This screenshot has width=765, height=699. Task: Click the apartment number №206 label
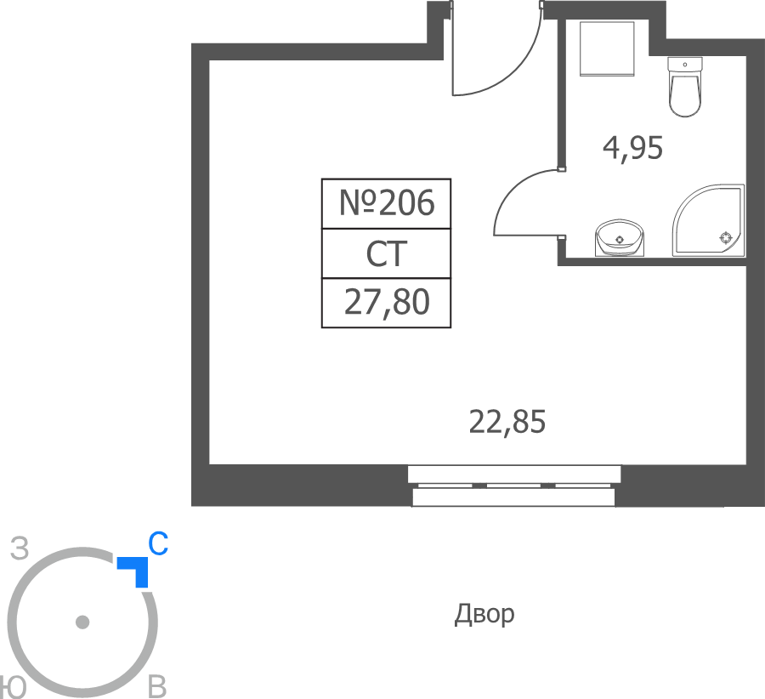[x=387, y=203]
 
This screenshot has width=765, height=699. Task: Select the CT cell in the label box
[x=387, y=253]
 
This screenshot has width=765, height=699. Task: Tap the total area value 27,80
[x=387, y=303]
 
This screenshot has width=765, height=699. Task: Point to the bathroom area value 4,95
[x=632, y=148]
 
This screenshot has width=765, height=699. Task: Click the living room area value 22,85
[x=507, y=422]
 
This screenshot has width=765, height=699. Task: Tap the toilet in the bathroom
[x=685, y=87]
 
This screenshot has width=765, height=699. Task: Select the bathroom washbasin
[x=620, y=238]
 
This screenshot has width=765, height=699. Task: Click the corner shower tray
[x=708, y=220]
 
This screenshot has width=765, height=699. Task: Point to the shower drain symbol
[x=726, y=238]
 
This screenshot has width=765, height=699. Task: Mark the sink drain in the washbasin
[x=620, y=240]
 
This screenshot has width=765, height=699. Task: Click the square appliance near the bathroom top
[x=607, y=48]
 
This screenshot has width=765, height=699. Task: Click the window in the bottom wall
[x=513, y=486]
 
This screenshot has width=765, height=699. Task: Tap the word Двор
[x=484, y=615]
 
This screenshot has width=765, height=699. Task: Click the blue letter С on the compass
[x=158, y=543]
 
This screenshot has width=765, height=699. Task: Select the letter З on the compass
[x=20, y=548]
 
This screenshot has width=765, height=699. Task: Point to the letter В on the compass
[x=157, y=687]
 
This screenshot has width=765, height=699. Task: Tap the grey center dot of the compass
[x=82, y=622]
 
